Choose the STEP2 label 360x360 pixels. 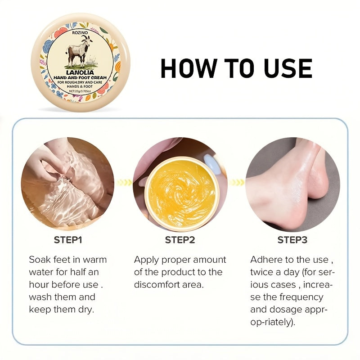pos(180,240)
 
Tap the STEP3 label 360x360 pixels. pos(292,240)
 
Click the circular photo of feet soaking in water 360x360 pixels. pos(67,182)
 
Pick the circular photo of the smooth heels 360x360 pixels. pos(292,182)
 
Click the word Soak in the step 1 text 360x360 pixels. pos(40,260)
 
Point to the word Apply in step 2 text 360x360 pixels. pos(147,260)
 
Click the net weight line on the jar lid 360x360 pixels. pos(80,91)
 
